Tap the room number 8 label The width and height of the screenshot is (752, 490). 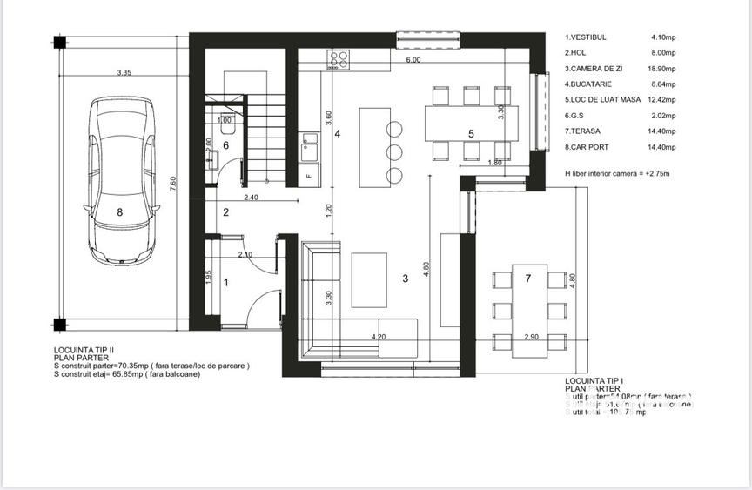point(120,211)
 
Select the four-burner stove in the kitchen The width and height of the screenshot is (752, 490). point(339,59)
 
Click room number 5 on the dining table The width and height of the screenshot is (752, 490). point(470,133)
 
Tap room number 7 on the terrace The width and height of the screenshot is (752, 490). point(527,278)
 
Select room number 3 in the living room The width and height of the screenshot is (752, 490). point(405,279)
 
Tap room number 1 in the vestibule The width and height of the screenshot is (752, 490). point(227,282)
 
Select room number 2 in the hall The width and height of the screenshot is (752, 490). point(225,212)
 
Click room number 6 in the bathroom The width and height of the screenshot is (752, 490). point(225,145)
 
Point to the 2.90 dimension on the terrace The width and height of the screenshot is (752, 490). point(533,336)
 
